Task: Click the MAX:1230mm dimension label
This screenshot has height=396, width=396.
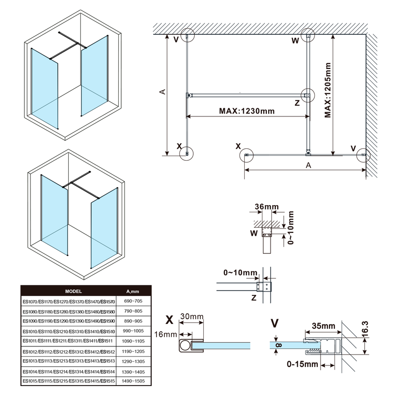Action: click(247, 111)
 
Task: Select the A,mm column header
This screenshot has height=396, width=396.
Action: click(132, 291)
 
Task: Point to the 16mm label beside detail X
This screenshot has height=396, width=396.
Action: click(164, 335)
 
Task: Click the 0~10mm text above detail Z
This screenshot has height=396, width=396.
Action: click(239, 272)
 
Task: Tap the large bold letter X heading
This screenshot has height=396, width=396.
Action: click(169, 319)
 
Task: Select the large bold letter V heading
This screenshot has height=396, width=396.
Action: click(274, 323)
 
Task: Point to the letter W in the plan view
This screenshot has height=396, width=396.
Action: click(295, 41)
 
